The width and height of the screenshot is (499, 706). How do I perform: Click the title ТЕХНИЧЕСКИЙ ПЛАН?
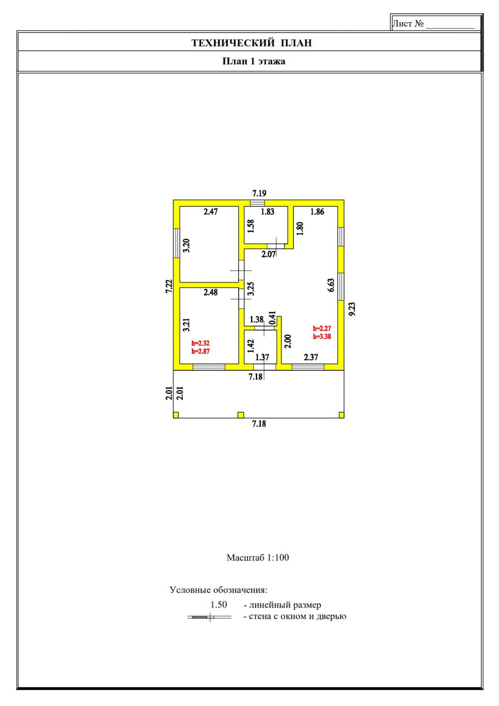251,43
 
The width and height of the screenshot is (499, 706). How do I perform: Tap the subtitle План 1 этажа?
254,61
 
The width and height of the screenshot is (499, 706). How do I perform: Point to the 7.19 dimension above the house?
259,193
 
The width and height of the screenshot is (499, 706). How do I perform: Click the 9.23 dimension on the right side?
352,309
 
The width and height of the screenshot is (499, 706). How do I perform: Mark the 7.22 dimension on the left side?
169,286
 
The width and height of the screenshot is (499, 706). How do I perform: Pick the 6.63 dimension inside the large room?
331,285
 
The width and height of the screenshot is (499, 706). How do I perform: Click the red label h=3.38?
322,337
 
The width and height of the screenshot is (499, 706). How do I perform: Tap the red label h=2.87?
200,352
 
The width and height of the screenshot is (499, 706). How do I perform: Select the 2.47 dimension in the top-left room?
210,212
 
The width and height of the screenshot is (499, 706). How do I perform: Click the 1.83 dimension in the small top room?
267,212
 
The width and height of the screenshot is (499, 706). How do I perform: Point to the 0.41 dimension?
272,318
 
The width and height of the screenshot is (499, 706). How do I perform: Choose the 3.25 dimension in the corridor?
251,289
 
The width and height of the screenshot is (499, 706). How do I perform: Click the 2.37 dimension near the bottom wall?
311,357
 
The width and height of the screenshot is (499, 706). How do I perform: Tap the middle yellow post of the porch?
241,415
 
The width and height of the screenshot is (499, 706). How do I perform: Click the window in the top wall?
257,203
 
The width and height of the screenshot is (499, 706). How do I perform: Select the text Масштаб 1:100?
258,558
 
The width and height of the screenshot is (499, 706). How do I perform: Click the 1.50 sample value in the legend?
219,605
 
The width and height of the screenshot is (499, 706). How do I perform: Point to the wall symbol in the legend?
210,617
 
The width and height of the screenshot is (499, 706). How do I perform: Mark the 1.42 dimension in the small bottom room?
251,346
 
